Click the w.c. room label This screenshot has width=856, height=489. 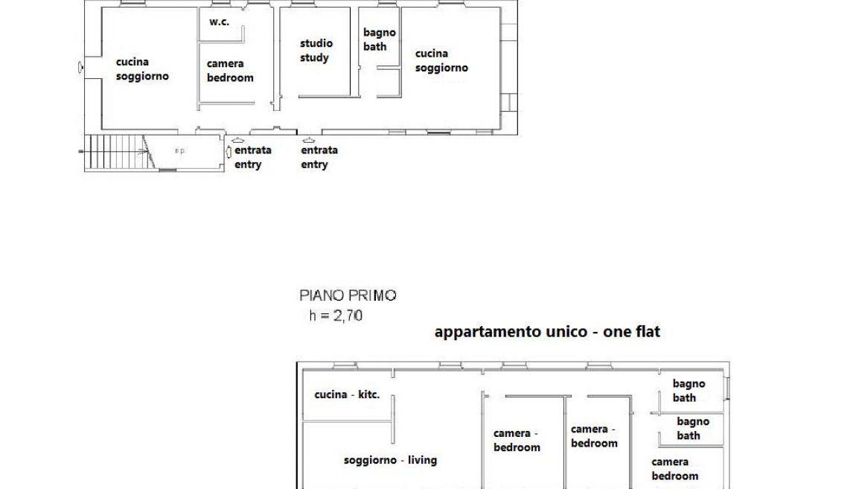(219, 22)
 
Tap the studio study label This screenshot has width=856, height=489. (316, 50)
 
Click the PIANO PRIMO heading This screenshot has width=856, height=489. (348, 295)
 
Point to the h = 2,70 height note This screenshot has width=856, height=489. (336, 316)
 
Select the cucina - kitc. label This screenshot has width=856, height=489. (347, 394)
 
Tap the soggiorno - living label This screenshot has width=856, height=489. (390, 460)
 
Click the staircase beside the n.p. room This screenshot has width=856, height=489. (115, 153)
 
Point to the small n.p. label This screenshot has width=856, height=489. (179, 150)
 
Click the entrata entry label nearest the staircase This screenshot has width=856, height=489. (252, 157)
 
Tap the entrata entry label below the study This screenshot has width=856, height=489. (319, 157)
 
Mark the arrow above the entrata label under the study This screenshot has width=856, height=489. (308, 140)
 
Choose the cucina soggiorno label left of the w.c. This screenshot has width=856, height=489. (142, 68)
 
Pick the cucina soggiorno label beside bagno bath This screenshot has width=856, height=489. (441, 60)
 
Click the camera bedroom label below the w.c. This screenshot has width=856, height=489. (230, 71)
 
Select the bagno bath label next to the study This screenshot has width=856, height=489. (379, 39)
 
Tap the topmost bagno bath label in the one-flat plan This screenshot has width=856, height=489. (689, 391)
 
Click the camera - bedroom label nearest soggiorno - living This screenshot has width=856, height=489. (517, 441)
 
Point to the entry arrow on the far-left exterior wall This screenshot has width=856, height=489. (81, 68)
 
